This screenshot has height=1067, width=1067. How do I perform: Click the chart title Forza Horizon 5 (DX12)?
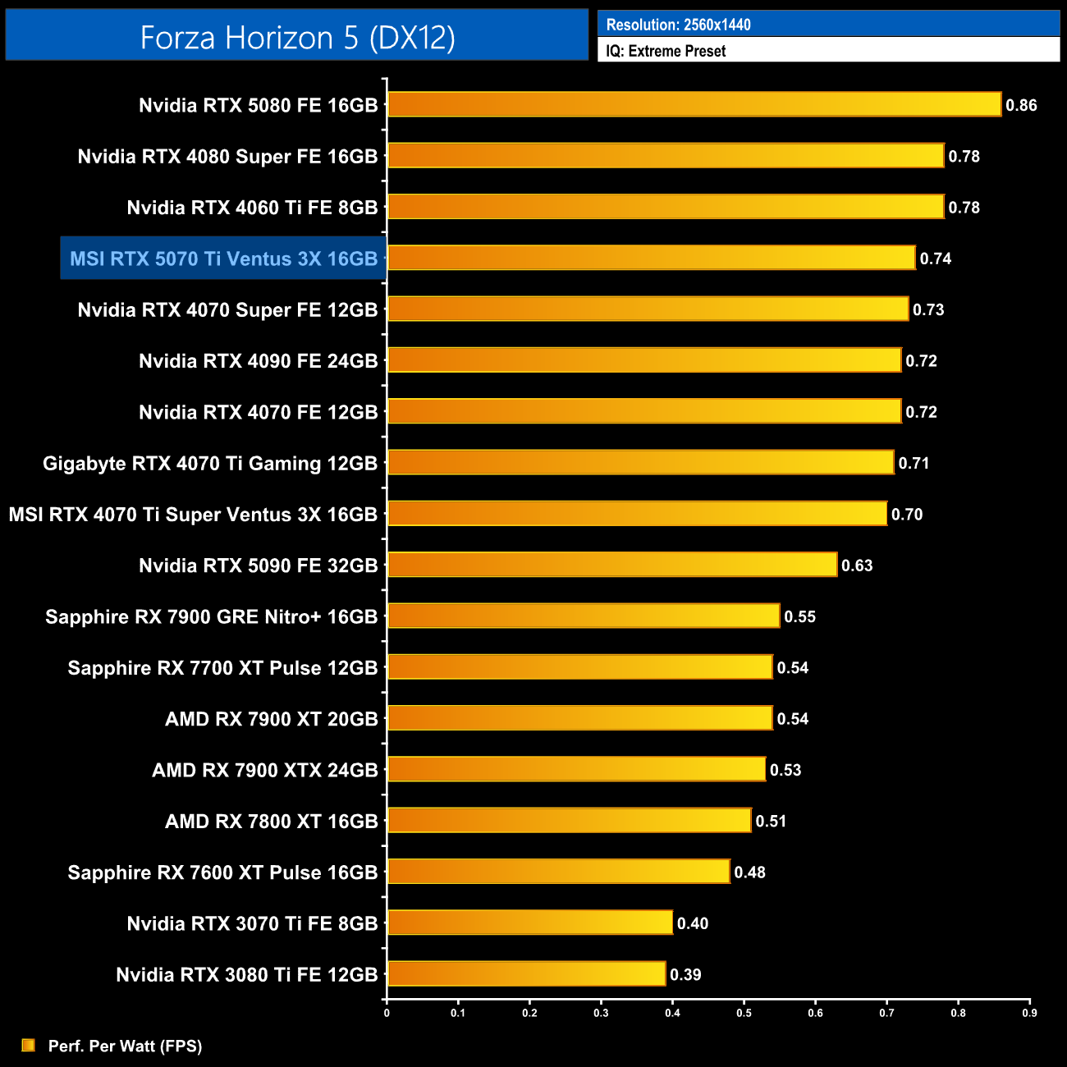(297, 37)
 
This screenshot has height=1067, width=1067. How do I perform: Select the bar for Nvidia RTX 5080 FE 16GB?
(694, 104)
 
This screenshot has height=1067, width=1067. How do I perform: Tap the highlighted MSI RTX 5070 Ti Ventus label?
(223, 259)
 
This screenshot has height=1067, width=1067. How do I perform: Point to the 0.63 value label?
(857, 566)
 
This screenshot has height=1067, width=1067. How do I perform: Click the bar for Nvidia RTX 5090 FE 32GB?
(611, 565)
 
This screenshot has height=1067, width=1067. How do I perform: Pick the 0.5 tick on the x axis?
(744, 1013)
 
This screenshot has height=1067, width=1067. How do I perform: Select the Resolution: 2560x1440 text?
(678, 25)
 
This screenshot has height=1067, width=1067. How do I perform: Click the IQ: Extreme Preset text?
(666, 51)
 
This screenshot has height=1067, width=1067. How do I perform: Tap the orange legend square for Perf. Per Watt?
(29, 1045)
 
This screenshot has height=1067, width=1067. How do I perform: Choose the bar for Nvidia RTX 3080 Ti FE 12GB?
(525, 974)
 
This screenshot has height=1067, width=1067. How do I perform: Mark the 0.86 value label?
(1021, 105)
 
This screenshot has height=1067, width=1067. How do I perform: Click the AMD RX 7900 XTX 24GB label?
(264, 770)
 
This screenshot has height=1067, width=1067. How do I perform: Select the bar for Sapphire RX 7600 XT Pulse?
(558, 872)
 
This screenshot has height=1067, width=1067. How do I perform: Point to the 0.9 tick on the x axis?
(1029, 1013)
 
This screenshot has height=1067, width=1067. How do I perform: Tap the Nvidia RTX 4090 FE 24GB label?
(258, 361)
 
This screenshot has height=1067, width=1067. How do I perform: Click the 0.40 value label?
(692, 923)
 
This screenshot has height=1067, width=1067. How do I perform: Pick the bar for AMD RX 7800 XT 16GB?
(569, 820)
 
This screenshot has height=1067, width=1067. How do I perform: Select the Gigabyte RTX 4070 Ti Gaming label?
(210, 463)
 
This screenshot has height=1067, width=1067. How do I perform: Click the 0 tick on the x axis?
(387, 1013)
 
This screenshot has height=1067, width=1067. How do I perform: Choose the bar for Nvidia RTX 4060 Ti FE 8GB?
(665, 207)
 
